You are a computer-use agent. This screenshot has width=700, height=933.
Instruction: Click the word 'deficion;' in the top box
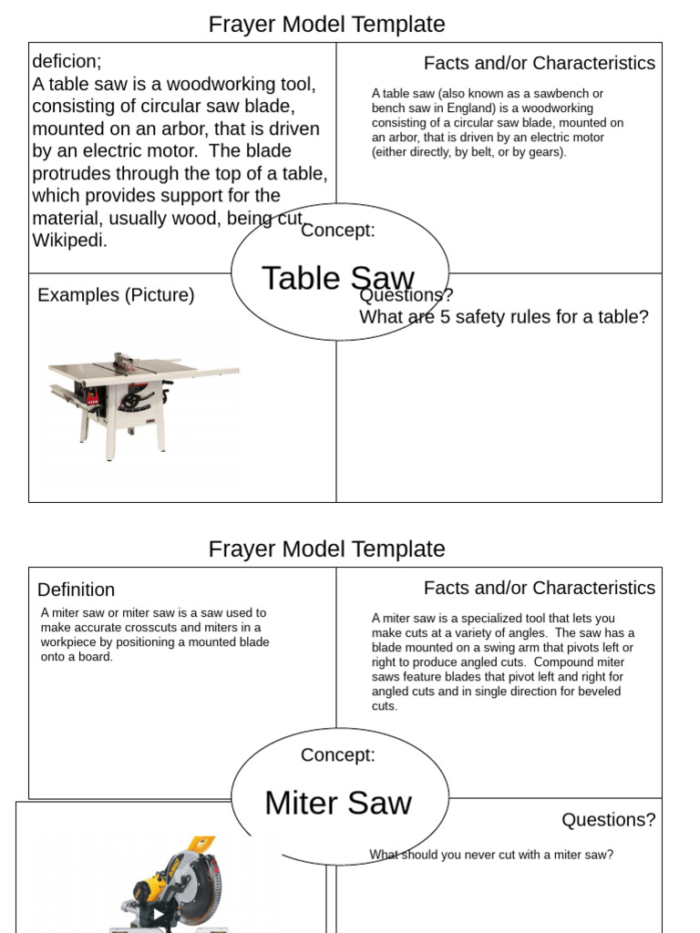(67, 62)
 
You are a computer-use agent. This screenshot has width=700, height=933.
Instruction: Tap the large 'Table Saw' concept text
(338, 279)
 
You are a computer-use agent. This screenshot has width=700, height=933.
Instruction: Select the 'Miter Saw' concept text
(338, 804)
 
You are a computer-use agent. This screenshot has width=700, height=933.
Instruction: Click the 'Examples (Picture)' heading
(116, 295)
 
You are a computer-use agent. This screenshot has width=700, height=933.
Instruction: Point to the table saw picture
(141, 401)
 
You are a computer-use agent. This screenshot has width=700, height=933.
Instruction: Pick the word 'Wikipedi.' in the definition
(70, 241)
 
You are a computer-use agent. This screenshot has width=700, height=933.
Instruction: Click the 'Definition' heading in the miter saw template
(77, 590)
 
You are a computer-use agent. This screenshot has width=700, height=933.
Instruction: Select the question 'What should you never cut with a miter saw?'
(491, 855)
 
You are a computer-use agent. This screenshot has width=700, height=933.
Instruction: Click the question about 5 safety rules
(504, 317)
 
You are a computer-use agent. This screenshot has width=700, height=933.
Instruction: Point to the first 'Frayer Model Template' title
(326, 24)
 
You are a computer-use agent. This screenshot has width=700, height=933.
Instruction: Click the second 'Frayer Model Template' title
(326, 549)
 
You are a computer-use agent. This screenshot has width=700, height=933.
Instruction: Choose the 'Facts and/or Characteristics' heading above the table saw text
(539, 63)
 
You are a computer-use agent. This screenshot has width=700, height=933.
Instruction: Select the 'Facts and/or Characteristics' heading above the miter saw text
(539, 588)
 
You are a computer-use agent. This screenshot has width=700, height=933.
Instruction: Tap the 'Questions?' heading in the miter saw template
(608, 820)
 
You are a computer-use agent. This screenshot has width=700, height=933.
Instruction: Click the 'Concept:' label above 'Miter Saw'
(338, 754)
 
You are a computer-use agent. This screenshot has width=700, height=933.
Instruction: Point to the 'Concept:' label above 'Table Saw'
(338, 230)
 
